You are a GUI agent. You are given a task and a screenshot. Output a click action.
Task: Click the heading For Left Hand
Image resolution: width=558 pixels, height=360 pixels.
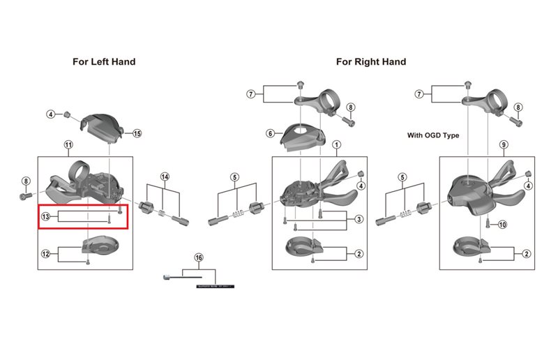click(104, 61)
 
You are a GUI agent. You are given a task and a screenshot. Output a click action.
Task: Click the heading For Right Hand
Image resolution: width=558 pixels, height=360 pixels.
click(370, 61)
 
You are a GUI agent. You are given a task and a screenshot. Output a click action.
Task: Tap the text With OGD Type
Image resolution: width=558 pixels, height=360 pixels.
click(433, 135)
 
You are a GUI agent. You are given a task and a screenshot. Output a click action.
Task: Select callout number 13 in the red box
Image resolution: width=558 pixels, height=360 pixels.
click(45, 218)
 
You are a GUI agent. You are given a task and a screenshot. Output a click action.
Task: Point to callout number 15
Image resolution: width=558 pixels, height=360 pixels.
click(137, 133)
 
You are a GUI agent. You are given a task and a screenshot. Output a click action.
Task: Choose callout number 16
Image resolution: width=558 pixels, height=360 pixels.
click(199, 258)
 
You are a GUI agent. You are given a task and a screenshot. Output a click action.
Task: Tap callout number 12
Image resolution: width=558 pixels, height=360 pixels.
click(45, 253)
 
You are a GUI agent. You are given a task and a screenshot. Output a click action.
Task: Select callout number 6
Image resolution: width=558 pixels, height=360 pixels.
click(270, 133)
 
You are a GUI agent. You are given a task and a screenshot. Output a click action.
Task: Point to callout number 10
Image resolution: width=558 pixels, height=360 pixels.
click(503, 225)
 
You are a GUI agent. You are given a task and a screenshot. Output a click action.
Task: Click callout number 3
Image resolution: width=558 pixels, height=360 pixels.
click(359, 220)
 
